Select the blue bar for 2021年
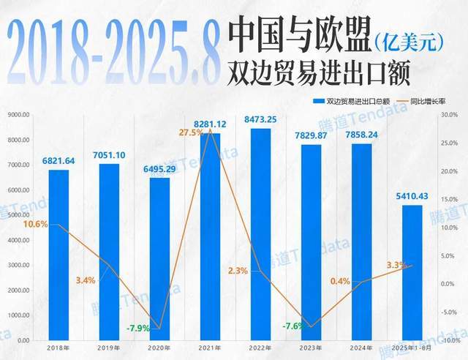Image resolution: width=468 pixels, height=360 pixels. tap(210, 236)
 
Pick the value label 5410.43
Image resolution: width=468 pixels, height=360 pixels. tap(411, 195)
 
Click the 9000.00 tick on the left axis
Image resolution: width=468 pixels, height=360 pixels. tap(18, 115)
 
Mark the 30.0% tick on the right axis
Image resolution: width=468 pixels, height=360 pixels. tap(450, 115)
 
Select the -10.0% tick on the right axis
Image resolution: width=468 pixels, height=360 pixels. tap(449, 340)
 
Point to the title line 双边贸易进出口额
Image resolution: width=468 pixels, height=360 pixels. tap(318, 73)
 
